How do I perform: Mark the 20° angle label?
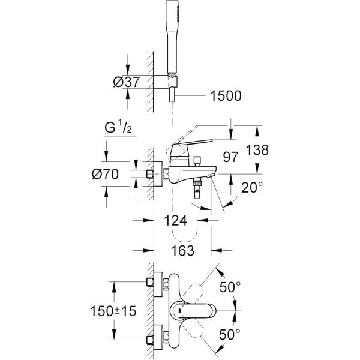tap(251, 188)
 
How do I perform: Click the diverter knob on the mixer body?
tap(197, 162)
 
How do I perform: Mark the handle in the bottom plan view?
tap(192, 311)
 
